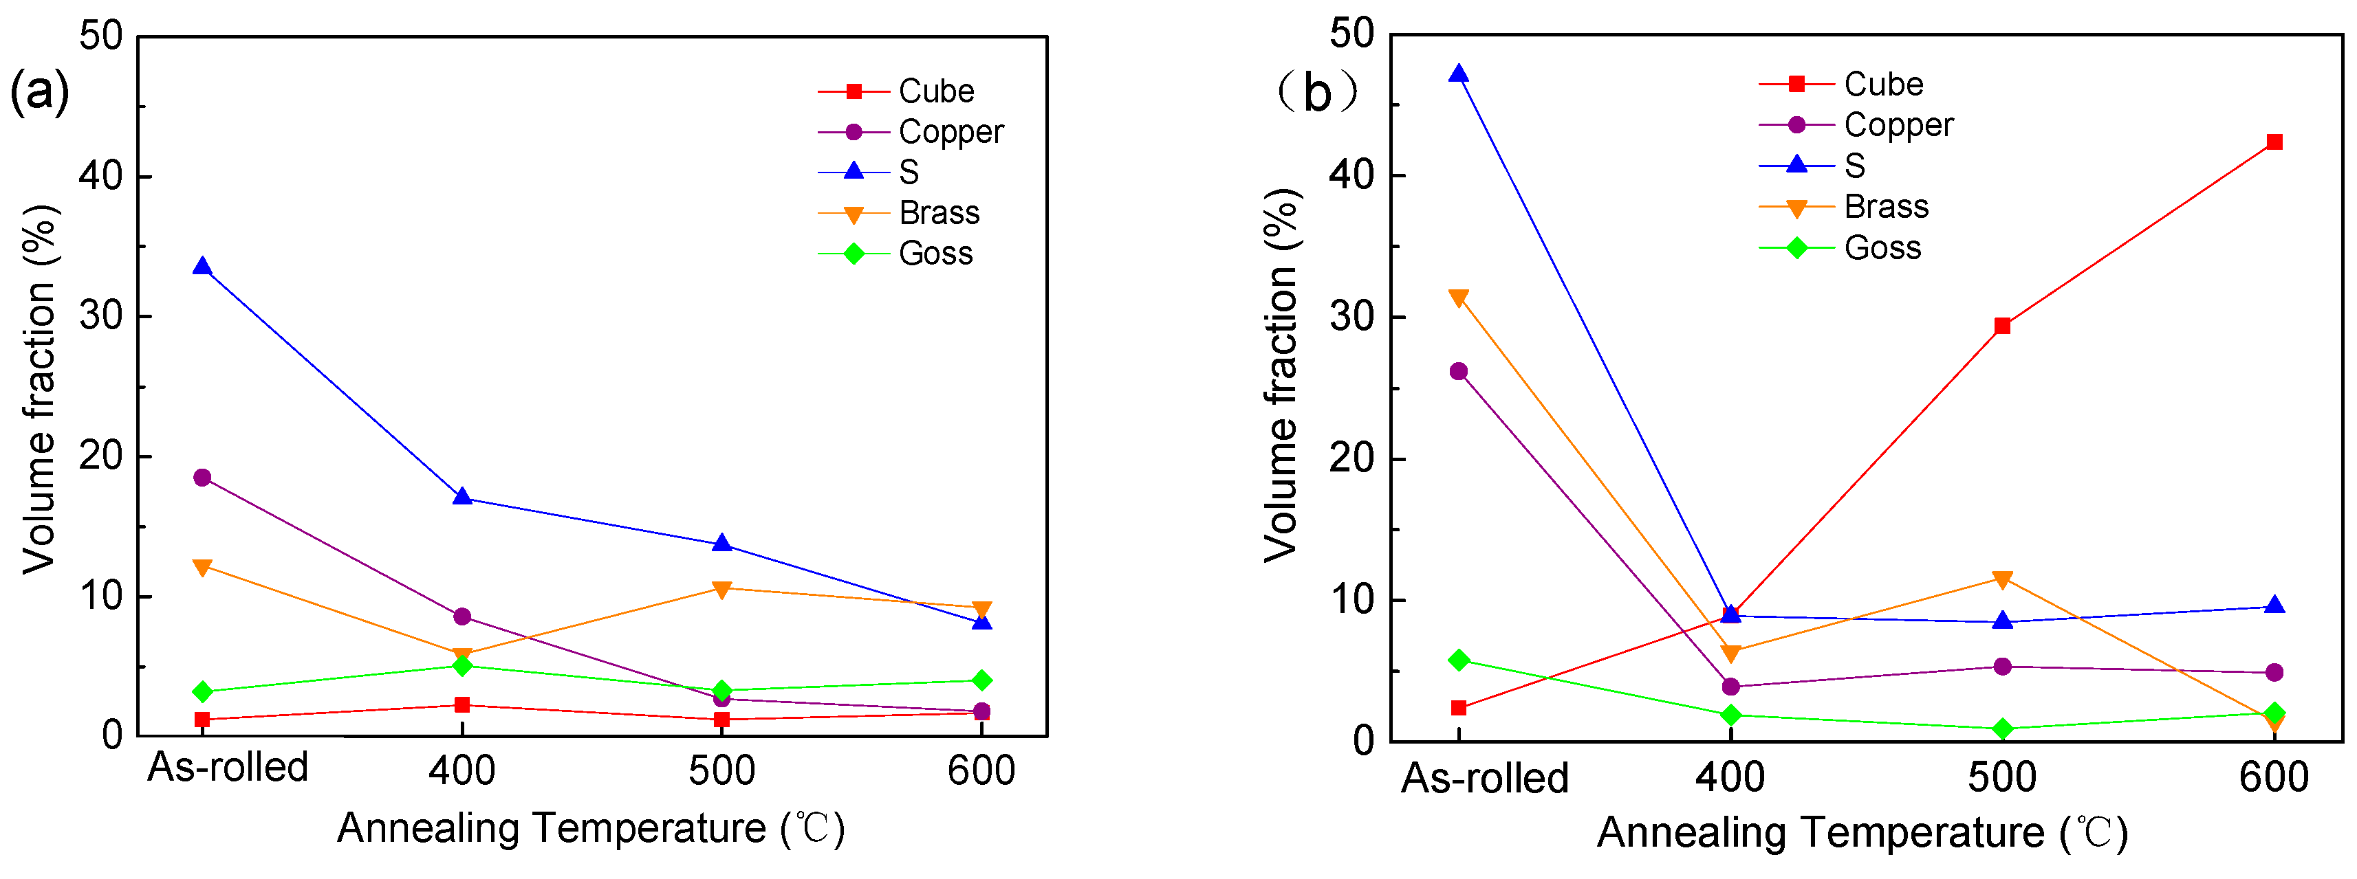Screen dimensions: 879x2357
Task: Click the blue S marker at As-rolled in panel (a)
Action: tap(202, 267)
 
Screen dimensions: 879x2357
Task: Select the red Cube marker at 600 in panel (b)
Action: tap(2274, 142)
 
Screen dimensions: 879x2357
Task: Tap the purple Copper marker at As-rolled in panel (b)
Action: tap(1459, 371)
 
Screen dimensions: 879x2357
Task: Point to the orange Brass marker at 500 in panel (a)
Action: tap(722, 589)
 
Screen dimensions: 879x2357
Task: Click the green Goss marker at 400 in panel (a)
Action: tap(462, 665)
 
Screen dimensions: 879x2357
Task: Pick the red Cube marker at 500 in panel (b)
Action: tap(2002, 326)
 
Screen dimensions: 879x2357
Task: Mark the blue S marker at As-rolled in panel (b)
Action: tap(1459, 74)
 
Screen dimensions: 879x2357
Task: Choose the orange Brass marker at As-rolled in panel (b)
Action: tap(1459, 298)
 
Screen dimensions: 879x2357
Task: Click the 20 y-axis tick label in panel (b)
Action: tap(1351, 458)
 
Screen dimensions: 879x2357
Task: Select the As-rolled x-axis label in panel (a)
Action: tap(227, 768)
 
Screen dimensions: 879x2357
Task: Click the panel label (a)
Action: tap(39, 91)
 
